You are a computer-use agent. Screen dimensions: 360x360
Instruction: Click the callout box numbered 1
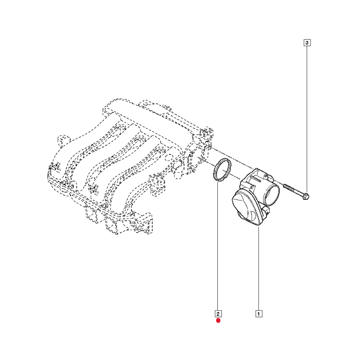pos(259,314)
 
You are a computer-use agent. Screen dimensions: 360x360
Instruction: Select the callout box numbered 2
pos(218,314)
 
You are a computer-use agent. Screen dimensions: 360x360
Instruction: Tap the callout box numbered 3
pos(307,43)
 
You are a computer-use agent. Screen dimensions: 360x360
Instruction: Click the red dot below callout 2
pos(218,320)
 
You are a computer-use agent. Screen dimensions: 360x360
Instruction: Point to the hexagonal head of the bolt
pos(306,197)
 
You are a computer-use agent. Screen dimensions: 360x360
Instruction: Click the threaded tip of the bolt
pos(285,185)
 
